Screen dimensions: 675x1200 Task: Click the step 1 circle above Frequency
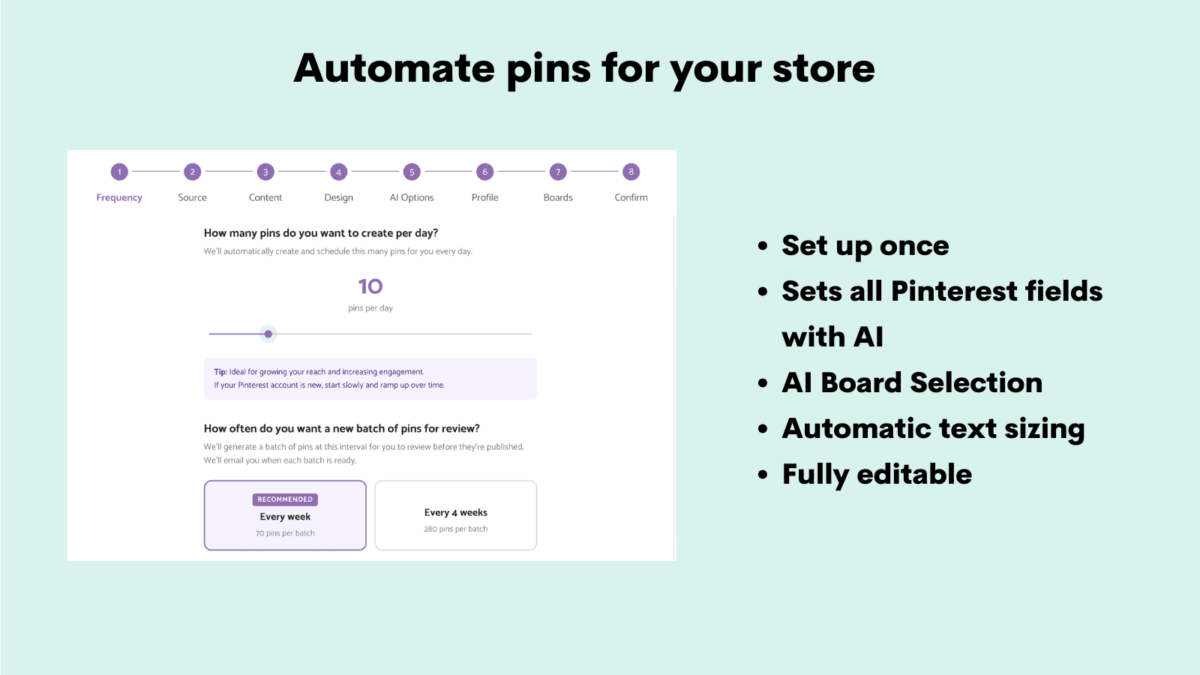tap(119, 172)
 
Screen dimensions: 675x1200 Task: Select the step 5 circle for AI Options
tap(412, 172)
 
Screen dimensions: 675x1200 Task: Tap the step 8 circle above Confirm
tap(631, 172)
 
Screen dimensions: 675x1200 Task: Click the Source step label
tap(192, 197)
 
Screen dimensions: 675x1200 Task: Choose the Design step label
tap(338, 197)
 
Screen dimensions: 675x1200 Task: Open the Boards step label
tap(558, 197)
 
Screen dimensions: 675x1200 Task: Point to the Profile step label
tap(484, 197)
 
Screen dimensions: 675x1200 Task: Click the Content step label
tap(265, 197)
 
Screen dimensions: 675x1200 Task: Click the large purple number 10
tap(370, 286)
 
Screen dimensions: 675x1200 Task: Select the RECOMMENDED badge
tap(285, 499)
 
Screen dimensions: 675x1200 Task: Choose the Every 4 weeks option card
tap(456, 515)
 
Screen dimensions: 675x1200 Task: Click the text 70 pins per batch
tap(285, 533)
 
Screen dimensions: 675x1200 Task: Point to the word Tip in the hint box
tap(220, 372)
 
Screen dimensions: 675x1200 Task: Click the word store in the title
tap(823, 69)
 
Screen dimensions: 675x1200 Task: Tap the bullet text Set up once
tap(865, 246)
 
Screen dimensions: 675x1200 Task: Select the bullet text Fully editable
tap(877, 475)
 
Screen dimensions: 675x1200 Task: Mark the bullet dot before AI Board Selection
tap(763, 383)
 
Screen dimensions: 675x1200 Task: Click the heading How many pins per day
tap(321, 233)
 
